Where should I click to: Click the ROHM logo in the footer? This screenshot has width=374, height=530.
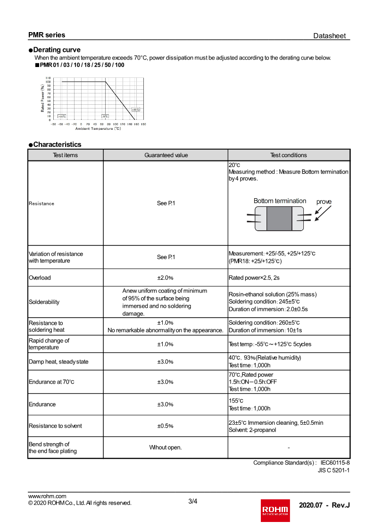coord(276,509)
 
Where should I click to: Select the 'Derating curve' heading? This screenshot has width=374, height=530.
coord(57,50)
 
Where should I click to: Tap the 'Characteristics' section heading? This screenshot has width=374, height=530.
coord(57,144)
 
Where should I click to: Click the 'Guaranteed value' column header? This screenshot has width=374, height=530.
coord(166,155)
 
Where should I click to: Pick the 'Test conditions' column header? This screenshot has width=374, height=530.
coord(289,155)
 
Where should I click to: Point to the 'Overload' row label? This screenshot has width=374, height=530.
coord(40,278)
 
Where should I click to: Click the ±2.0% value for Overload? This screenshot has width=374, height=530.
coord(166,278)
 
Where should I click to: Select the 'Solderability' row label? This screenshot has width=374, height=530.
coord(44,302)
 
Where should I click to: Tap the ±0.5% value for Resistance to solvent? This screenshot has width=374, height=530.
coord(166,426)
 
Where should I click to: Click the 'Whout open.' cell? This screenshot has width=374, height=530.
coord(166,447)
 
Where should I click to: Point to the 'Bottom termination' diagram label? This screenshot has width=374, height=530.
coord(280,201)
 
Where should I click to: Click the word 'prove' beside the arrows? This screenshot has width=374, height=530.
coord(324,202)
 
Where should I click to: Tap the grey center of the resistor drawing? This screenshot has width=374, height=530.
coord(279,219)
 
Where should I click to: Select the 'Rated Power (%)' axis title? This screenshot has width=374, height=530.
coord(42,98)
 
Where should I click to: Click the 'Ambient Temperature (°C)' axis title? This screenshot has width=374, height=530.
coord(98,128)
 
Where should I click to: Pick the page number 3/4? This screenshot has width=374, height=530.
coord(192,501)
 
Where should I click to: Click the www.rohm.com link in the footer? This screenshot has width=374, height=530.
coord(47,496)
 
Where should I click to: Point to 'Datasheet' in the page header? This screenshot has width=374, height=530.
coord(329,36)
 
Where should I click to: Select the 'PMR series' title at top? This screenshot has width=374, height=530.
coord(47,35)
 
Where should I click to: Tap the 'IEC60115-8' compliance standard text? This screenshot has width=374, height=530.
coord(335,463)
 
